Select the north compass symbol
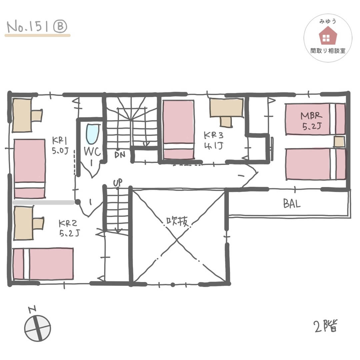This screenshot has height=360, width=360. [x=37, y=326]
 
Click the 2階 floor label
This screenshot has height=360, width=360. [x=326, y=326]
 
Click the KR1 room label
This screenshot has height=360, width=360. [x=60, y=145]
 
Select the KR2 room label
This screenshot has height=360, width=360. [x=69, y=228]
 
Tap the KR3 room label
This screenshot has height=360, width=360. [x=214, y=141]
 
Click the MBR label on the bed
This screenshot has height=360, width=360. [x=312, y=115]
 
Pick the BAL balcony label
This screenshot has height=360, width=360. [x=292, y=203]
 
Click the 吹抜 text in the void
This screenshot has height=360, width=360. [x=177, y=222]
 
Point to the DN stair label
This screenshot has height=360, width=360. [x=120, y=155]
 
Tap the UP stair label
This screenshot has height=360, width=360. [x=118, y=183]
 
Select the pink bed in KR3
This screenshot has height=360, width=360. [x=178, y=130]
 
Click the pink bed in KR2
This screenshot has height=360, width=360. [x=43, y=264]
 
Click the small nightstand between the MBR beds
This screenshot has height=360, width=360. [x=339, y=141]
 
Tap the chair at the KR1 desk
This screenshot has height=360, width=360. [x=37, y=115]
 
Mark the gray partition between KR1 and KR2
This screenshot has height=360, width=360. [x=44, y=202]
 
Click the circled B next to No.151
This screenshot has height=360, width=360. [x=60, y=26]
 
